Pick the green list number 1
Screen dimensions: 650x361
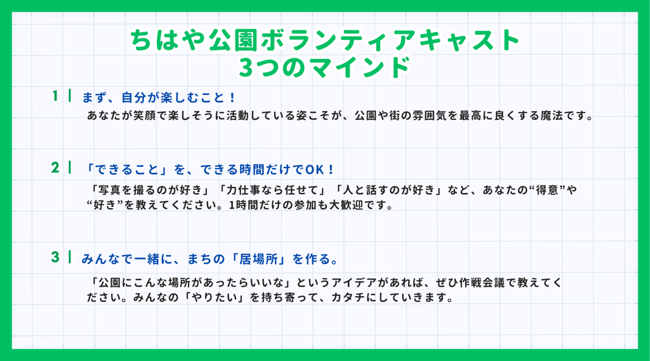point(55,96)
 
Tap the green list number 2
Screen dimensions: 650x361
point(55,167)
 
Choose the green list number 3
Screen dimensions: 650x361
point(55,257)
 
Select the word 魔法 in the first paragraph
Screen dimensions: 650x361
point(551,115)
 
